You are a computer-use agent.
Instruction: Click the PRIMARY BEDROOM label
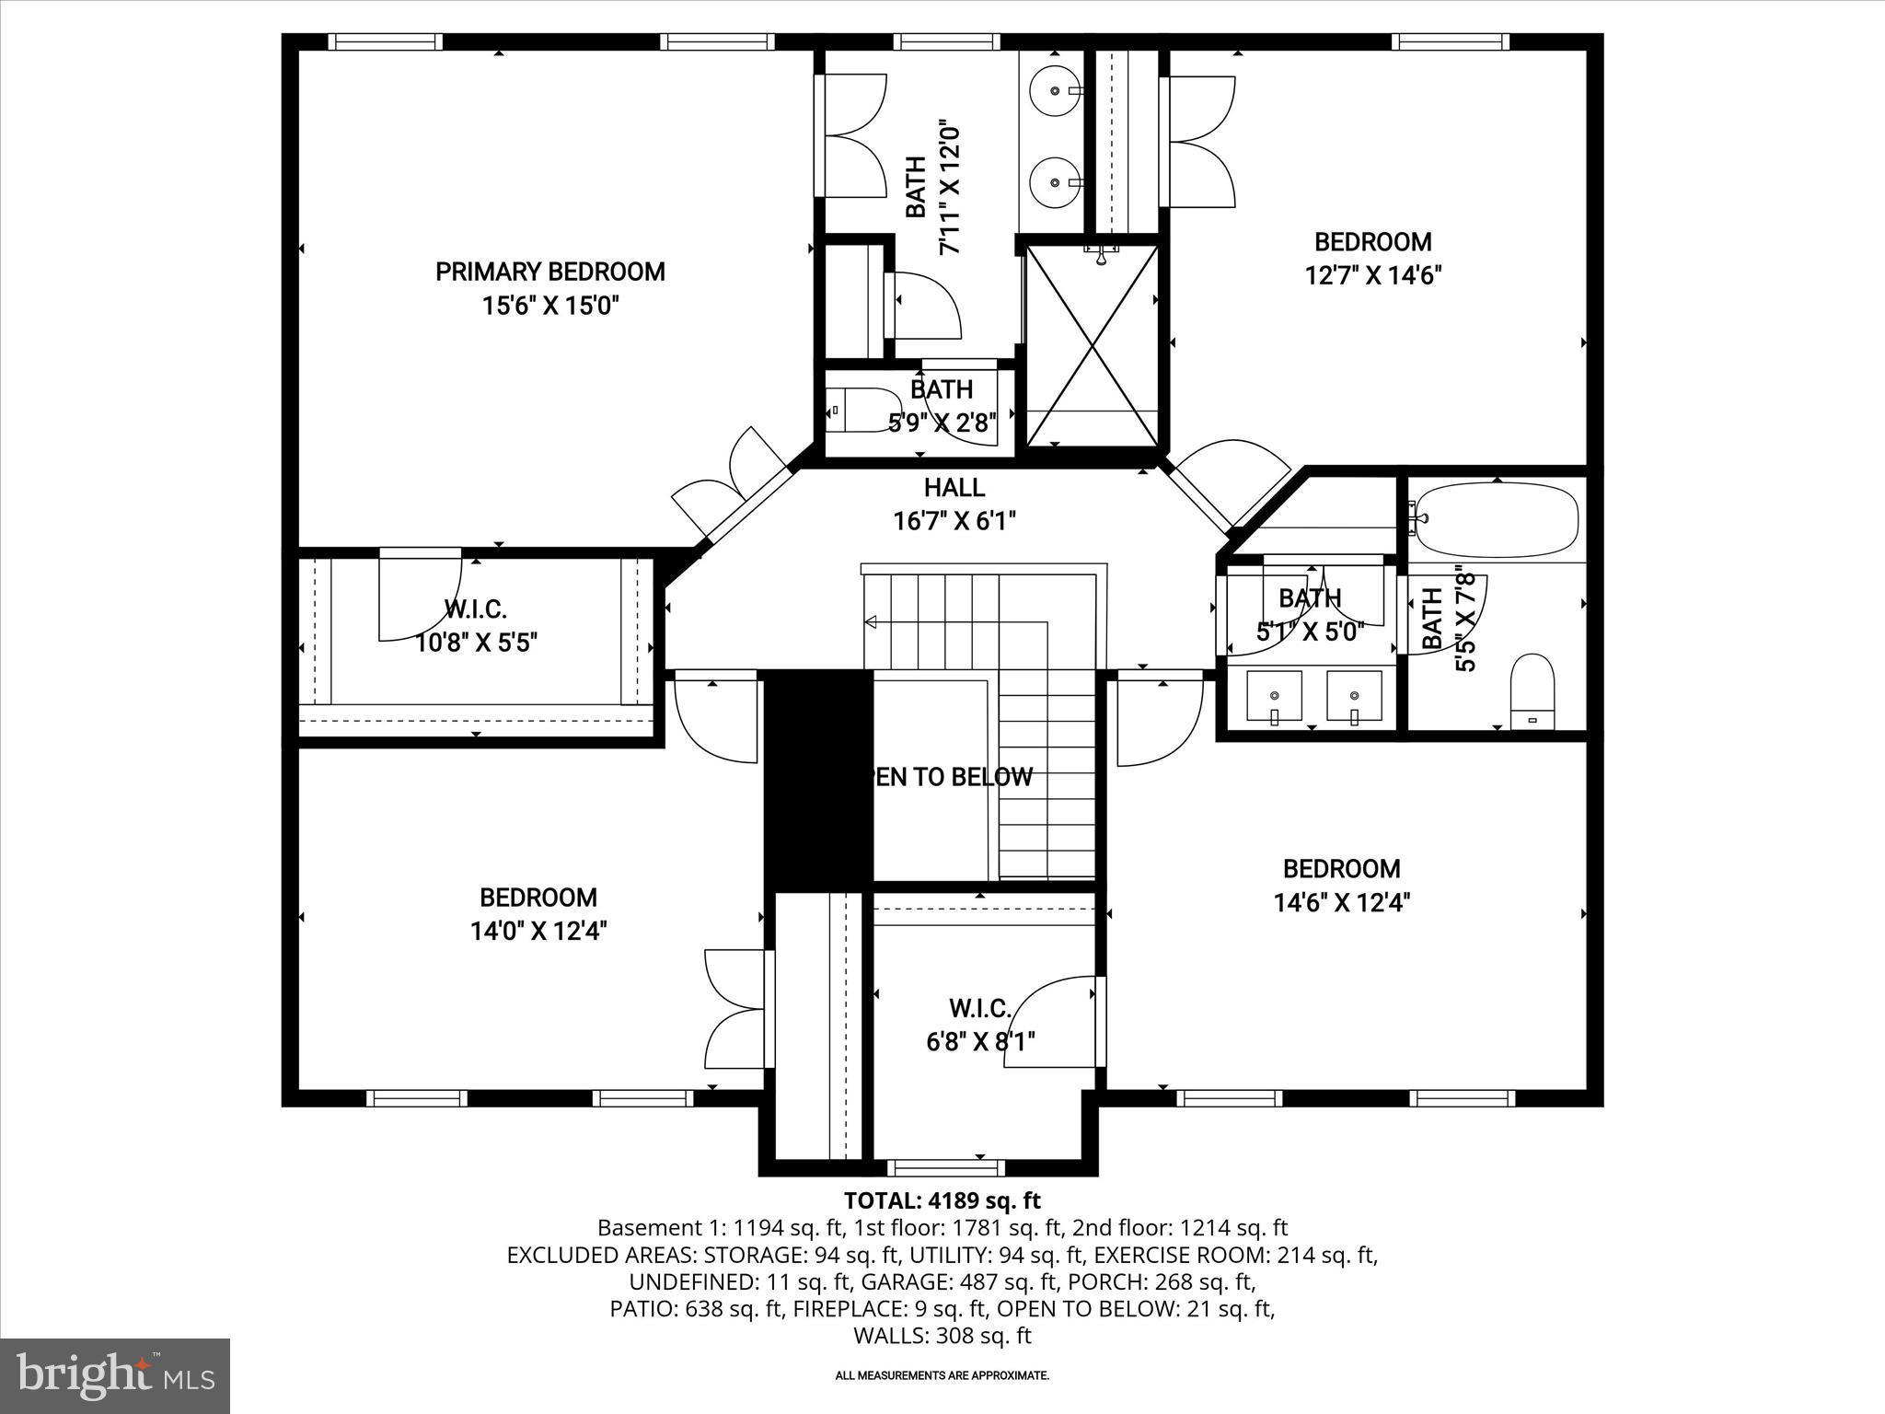(549, 272)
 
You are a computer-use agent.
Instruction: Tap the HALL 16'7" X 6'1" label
(954, 504)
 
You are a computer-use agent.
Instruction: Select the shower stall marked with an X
(1092, 346)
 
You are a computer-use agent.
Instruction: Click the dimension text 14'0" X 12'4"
(538, 932)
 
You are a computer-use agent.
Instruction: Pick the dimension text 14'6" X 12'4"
(1342, 903)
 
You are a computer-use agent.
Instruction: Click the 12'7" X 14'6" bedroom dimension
(1372, 275)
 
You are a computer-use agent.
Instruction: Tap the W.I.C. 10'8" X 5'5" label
(476, 626)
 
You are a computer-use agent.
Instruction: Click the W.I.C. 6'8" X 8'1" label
(980, 1026)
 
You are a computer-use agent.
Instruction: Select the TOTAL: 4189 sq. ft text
(942, 1200)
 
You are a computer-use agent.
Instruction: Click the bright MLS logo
(115, 1375)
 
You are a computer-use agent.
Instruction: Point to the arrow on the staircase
(871, 622)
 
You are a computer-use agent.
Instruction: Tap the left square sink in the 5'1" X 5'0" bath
(1274, 696)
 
